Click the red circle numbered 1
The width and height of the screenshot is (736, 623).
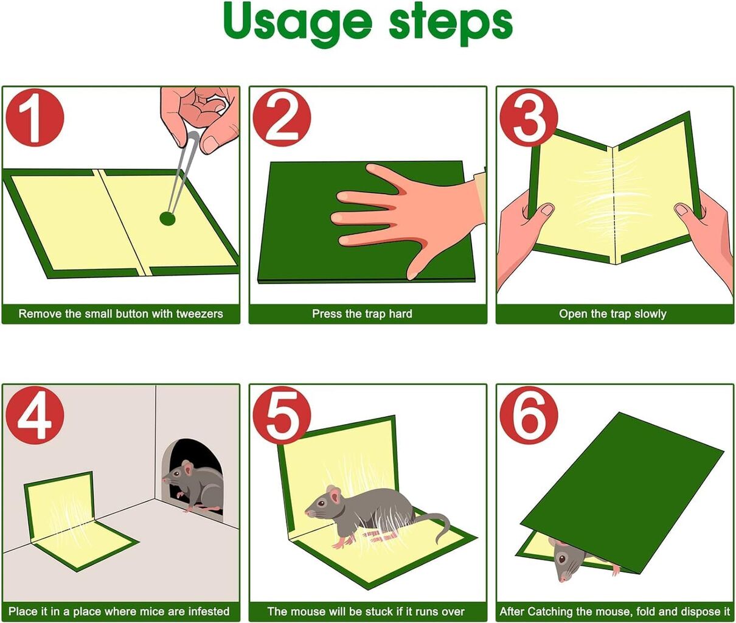tap(35, 118)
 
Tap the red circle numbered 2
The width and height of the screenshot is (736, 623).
tap(282, 118)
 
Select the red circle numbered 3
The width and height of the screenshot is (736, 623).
tap(529, 118)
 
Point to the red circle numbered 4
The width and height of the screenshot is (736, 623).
tap(35, 416)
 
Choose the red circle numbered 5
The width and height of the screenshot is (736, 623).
tap(282, 416)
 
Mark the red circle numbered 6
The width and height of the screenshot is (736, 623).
tap(529, 416)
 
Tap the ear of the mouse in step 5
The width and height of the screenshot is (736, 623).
tap(332, 492)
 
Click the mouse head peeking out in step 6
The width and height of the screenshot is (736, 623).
tap(569, 562)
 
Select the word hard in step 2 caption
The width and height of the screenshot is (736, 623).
tap(399, 314)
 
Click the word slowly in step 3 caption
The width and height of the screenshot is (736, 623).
tap(650, 314)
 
